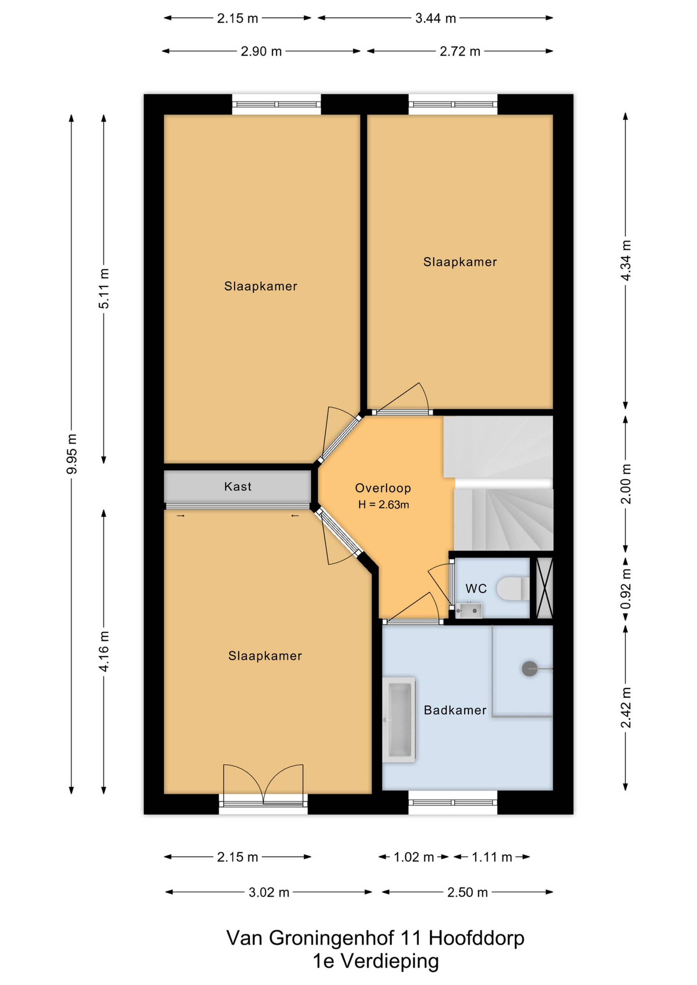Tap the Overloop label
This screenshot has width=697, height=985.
383,488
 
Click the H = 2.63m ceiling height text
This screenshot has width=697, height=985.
383,504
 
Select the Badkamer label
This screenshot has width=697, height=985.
455,710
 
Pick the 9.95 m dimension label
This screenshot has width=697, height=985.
72,454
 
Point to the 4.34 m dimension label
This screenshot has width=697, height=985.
626,261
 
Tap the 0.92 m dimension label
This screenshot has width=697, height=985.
626,589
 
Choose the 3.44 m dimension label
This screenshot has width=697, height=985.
435,19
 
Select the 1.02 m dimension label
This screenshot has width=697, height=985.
414,857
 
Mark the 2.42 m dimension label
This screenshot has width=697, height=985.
626,707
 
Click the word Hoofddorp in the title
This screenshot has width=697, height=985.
476,938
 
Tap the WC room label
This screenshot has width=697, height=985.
476,589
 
